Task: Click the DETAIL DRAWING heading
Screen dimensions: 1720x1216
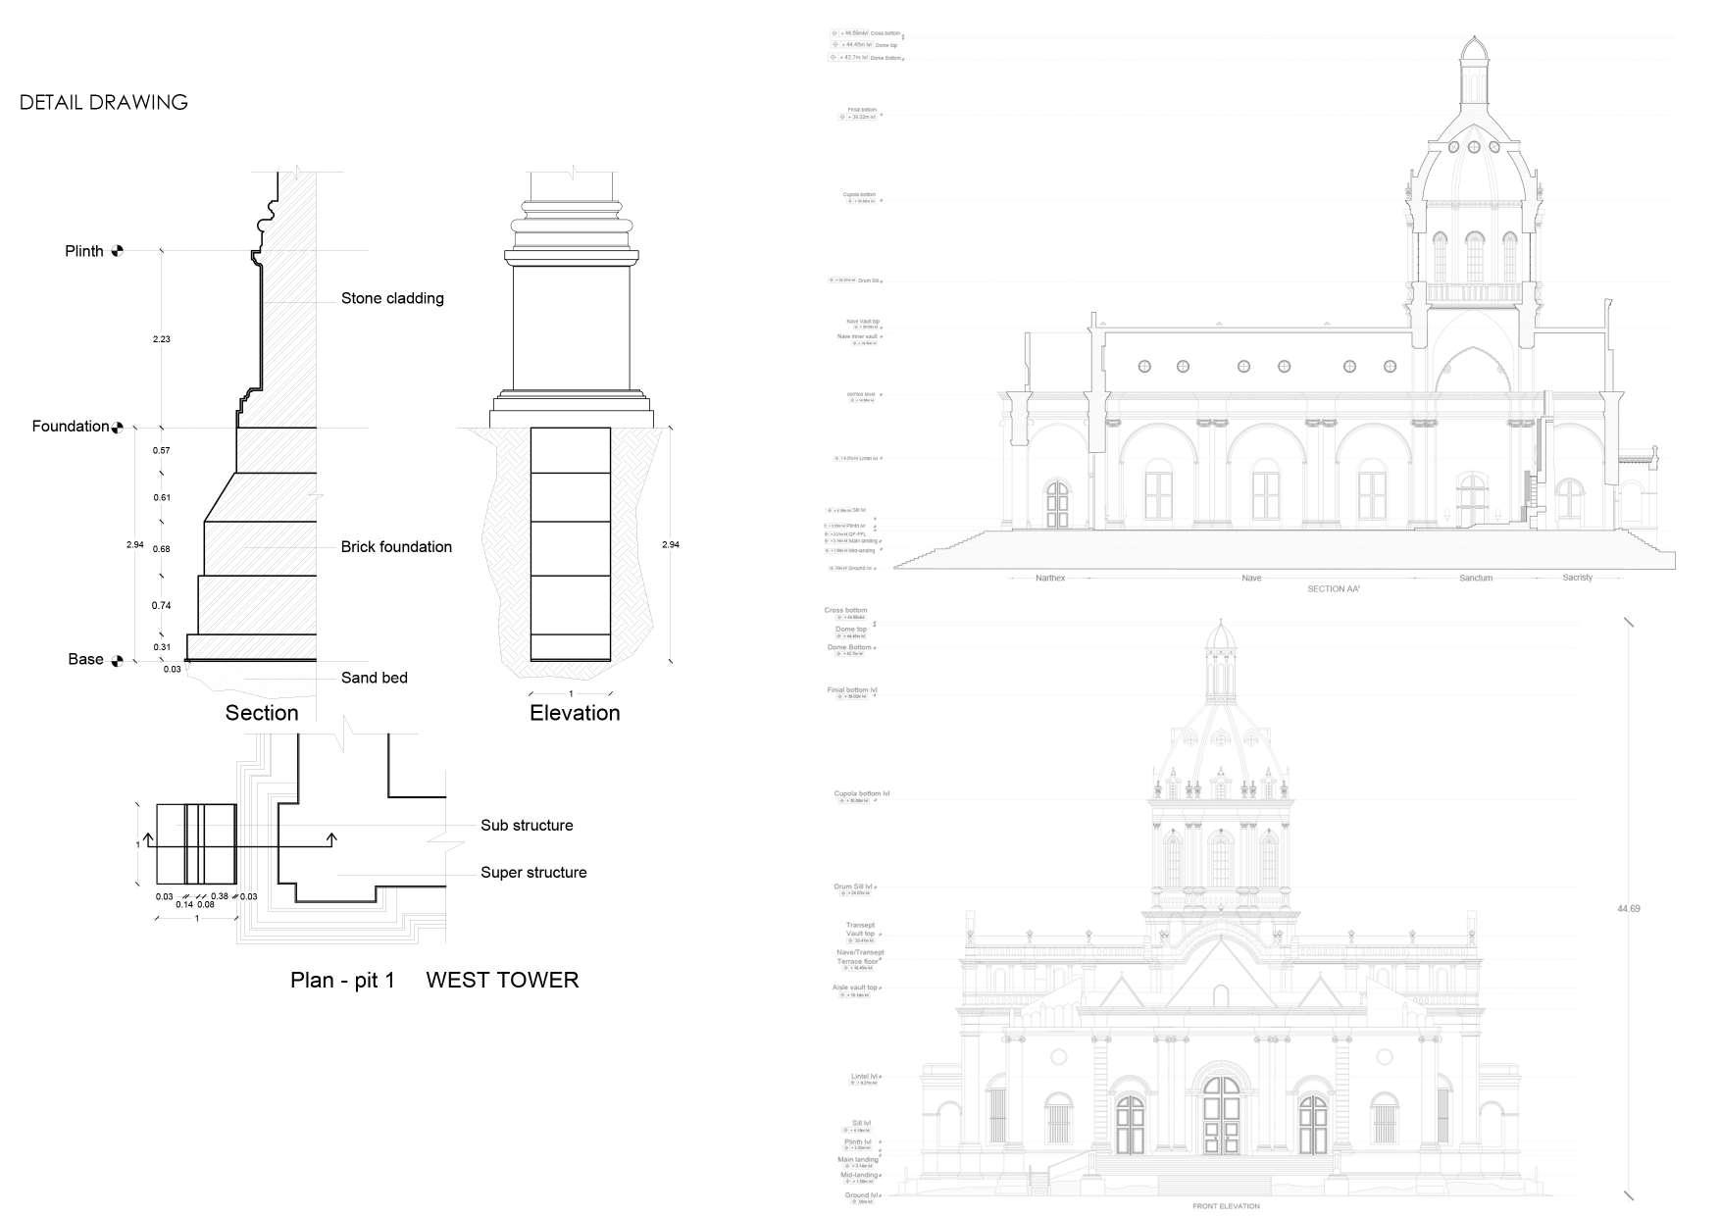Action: click(x=104, y=102)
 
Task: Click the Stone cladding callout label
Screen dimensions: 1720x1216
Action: click(x=392, y=298)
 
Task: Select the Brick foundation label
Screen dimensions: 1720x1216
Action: click(x=396, y=547)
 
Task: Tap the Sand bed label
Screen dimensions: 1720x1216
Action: click(x=374, y=678)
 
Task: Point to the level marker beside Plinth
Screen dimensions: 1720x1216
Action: click(x=118, y=251)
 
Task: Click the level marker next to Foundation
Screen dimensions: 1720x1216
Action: click(x=118, y=427)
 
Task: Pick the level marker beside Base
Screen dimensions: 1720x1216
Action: click(x=118, y=660)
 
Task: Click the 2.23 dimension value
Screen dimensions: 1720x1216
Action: click(x=162, y=339)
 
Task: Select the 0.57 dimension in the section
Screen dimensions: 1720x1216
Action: click(x=162, y=451)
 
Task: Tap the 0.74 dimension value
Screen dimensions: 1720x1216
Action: click(x=162, y=606)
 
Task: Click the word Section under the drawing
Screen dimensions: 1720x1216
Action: click(x=262, y=713)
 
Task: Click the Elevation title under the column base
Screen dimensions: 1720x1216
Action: click(x=575, y=713)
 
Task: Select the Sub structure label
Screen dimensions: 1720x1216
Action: click(x=527, y=826)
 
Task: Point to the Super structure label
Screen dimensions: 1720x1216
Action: click(x=533, y=873)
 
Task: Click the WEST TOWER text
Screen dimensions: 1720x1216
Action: click(x=502, y=980)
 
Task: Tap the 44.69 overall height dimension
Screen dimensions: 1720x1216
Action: click(x=1628, y=909)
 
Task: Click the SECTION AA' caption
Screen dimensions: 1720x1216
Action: click(x=1334, y=589)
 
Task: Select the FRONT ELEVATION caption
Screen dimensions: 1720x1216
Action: click(x=1226, y=1206)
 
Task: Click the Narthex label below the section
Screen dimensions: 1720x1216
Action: click(x=1050, y=579)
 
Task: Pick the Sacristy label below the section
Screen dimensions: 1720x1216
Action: click(x=1577, y=578)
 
